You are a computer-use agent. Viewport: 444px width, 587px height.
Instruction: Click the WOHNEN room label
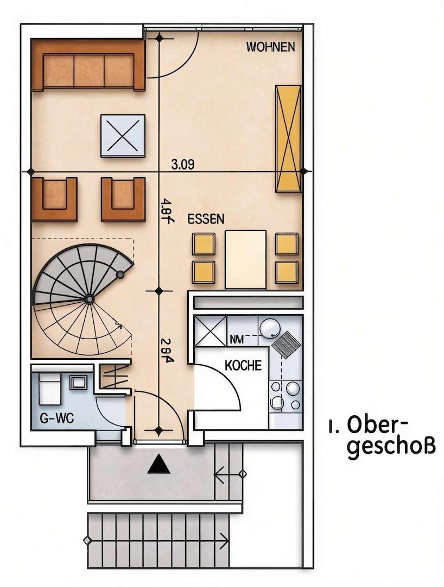tap(270, 47)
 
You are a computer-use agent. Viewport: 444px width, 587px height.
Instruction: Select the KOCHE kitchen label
tap(243, 365)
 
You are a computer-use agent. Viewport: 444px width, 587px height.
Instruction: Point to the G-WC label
tap(57, 419)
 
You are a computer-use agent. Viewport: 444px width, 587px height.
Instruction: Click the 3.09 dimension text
tap(182, 164)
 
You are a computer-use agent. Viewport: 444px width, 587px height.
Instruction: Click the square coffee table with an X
tap(123, 136)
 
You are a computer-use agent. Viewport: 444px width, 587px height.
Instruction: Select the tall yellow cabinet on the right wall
tap(288, 138)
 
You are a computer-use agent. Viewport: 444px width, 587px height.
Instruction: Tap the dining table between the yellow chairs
tap(245, 259)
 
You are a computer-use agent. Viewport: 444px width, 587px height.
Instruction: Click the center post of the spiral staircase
tap(89, 299)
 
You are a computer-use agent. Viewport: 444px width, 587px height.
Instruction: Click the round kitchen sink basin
tap(269, 329)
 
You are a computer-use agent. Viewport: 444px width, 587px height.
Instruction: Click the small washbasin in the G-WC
tap(78, 382)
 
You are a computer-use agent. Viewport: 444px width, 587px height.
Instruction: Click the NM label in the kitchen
tap(237, 340)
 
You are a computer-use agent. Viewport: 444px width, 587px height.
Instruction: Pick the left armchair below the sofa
tap(54, 198)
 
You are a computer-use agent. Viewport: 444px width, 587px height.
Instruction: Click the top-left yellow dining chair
tap(203, 244)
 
